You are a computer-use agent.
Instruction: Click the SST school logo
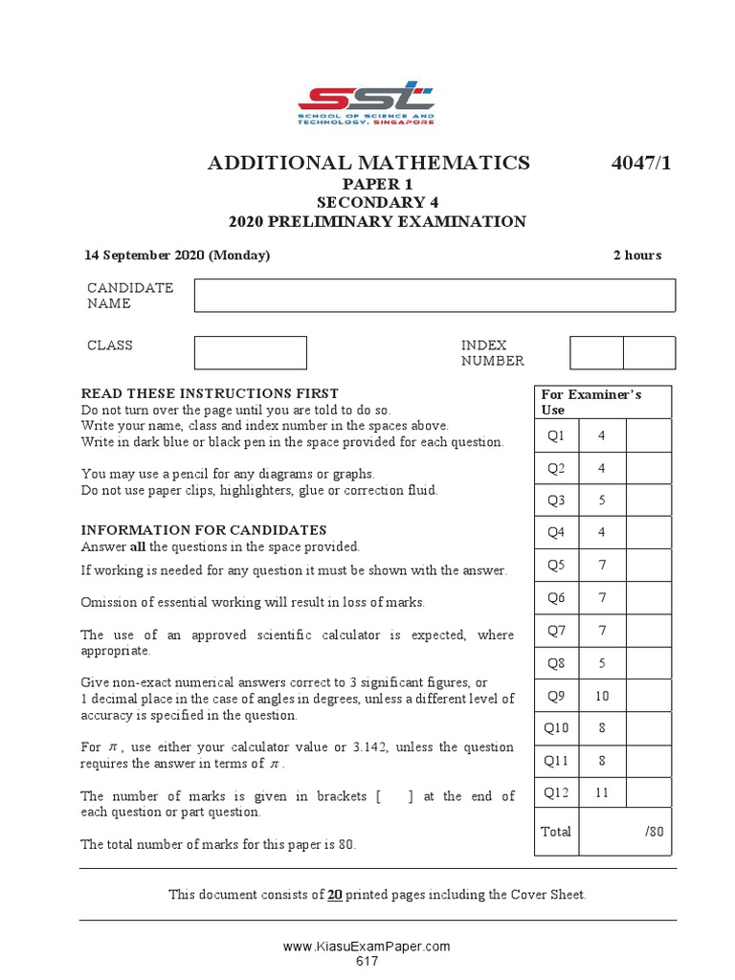367,103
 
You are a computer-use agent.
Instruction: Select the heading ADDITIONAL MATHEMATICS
368,163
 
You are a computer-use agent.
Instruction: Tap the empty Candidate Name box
434,296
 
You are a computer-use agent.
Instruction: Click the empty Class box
250,352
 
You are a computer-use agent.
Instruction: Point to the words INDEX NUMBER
493,353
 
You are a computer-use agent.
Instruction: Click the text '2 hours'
636,256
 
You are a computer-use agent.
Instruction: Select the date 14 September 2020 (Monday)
177,256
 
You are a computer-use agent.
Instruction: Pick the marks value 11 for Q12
602,792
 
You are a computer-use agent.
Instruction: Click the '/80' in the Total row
654,832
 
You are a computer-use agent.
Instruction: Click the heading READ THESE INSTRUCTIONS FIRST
210,393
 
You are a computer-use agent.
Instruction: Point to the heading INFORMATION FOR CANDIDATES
204,530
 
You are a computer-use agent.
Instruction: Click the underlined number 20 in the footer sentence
335,895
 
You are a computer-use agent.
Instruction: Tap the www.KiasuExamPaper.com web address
367,947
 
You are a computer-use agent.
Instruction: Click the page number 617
367,960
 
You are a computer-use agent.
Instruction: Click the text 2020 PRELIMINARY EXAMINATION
377,222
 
